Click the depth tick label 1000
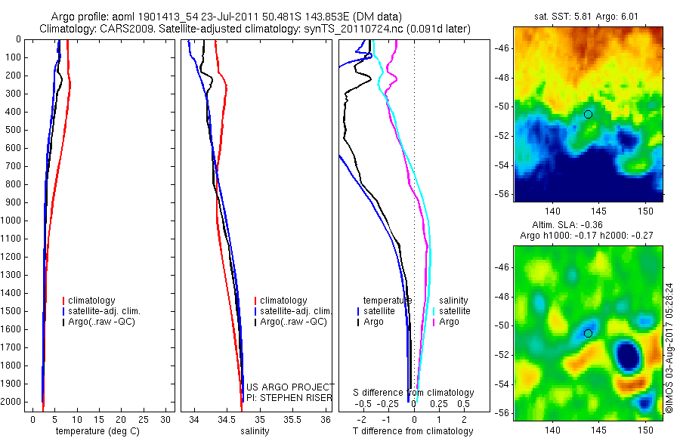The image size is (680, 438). [x=11, y=221]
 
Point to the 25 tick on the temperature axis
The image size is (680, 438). [x=133, y=419]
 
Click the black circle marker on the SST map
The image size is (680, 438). [x=589, y=114]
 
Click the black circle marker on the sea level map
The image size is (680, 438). [x=589, y=333]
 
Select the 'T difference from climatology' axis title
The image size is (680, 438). [x=413, y=431]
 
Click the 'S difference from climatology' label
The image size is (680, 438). [x=414, y=393]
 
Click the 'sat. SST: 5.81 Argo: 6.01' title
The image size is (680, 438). [x=589, y=16]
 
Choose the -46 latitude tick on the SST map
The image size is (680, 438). [x=502, y=48]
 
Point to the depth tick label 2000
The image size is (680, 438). [x=11, y=403]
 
